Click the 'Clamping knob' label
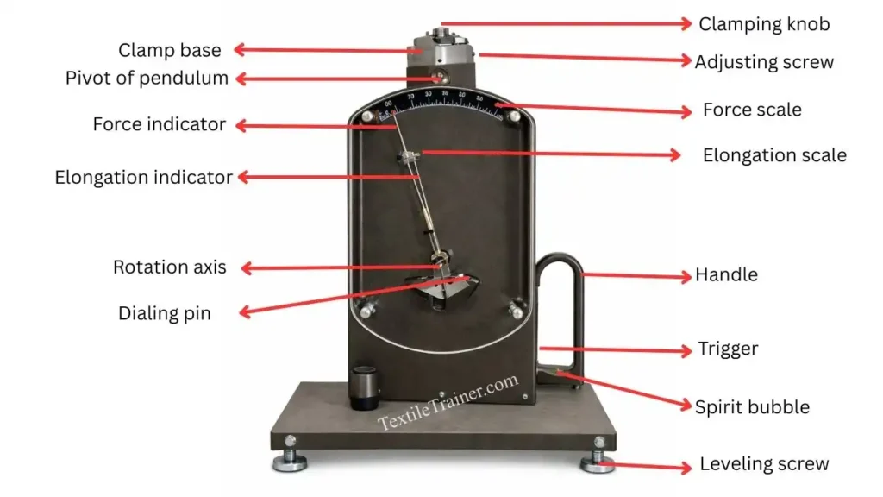pos(764,24)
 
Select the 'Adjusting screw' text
pos(764,62)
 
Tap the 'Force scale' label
pos(752,110)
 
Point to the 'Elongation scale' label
pos(774,155)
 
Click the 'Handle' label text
pos(726,275)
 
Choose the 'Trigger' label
pos(728,349)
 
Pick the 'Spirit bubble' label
pos(752,406)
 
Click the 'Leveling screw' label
pos(764,464)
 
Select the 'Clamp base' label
pos(170,50)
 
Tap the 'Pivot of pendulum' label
pos(147,79)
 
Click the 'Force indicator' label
pos(160,124)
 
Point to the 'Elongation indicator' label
pos(144,178)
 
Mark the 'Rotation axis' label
pos(170,267)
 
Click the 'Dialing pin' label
pos(164,313)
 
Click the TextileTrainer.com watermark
pos(448,401)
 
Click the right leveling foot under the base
pos(597,462)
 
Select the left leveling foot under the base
pos(290,462)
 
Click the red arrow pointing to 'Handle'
pos(638,276)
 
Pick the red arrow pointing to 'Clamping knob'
pos(565,24)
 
